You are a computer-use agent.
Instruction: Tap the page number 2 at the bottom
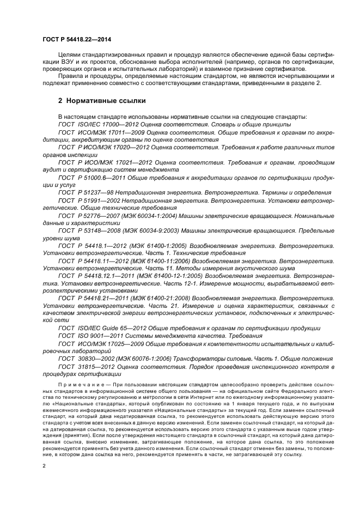44,466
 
